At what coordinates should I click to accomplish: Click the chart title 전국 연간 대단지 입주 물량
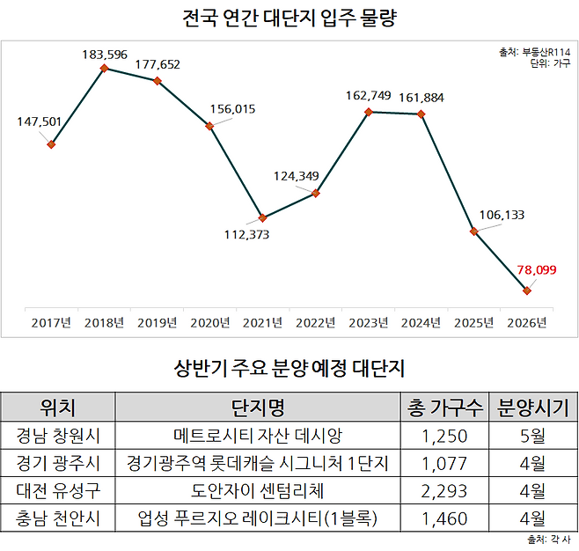[x=289, y=18]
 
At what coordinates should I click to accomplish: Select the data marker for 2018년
[x=105, y=68]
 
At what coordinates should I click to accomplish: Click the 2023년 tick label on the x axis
[x=368, y=323]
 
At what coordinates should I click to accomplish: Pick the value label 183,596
[x=106, y=54]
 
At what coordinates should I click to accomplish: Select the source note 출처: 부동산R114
[x=533, y=53]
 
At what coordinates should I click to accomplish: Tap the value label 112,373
[x=247, y=235]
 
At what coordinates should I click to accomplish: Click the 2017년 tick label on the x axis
[x=51, y=323]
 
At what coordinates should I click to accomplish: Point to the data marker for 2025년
[x=474, y=231]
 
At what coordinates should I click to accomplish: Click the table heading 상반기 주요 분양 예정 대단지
[x=289, y=366]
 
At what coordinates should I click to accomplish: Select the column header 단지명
[x=257, y=407]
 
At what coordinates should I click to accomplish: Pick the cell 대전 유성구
[x=59, y=490]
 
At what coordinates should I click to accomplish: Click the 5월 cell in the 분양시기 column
[x=531, y=435]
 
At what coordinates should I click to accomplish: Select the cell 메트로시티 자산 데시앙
[x=257, y=435]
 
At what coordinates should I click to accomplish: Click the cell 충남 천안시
[x=59, y=518]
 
